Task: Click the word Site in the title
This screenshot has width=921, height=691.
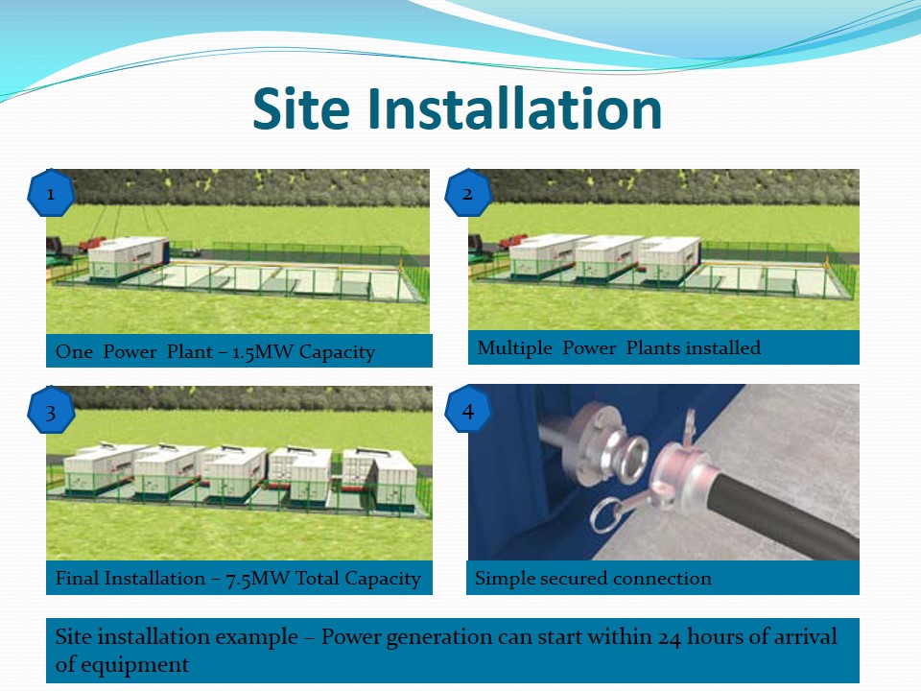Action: (301, 108)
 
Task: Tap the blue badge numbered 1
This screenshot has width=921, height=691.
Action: (51, 193)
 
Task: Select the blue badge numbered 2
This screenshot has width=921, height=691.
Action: (468, 193)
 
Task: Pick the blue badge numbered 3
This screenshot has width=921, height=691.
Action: (51, 411)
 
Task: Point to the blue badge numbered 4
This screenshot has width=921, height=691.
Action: (468, 410)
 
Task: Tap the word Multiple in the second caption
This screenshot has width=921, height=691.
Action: (514, 347)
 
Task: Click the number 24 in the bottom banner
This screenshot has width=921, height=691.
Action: (669, 637)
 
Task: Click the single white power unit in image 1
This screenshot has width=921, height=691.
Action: (129, 256)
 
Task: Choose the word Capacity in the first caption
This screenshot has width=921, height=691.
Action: (337, 352)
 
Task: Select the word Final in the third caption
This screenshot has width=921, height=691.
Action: (77, 578)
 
